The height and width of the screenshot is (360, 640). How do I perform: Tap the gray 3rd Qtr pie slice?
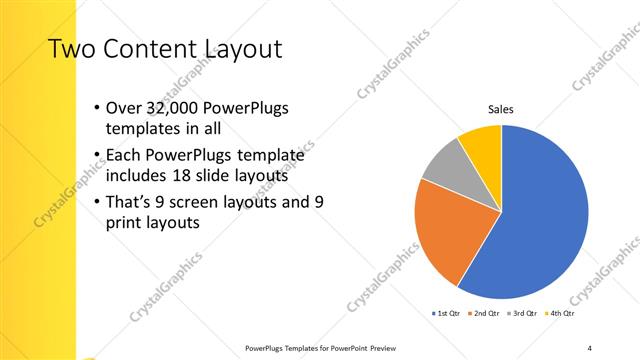442,164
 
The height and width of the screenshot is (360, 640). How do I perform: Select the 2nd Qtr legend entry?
484,313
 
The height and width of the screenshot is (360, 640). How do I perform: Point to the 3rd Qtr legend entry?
523,313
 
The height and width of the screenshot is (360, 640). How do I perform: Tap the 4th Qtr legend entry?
562,313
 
